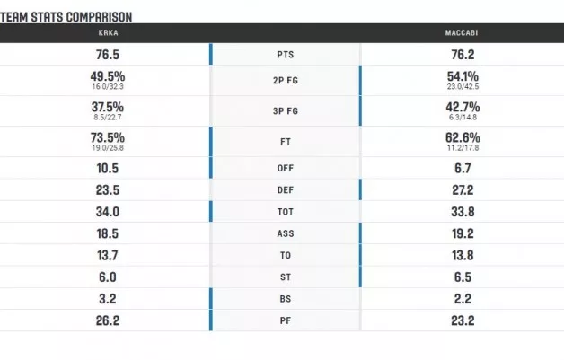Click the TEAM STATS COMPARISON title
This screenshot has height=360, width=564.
[66, 16]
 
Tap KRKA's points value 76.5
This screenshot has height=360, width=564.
[107, 54]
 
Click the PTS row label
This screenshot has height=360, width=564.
[285, 55]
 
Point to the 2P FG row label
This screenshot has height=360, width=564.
[285, 82]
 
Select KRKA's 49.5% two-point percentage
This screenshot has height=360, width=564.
[107, 77]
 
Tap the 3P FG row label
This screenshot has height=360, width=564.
[285, 111]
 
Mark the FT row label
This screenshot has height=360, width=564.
[285, 141]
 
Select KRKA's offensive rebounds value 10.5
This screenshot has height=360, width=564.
[107, 168]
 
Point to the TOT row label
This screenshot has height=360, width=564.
[285, 212]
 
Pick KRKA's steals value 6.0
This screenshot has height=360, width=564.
[107, 277]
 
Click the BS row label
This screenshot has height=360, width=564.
[285, 299]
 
